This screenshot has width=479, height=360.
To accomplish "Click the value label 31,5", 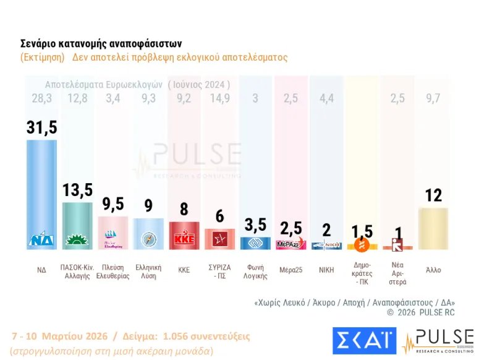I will coord(41,127).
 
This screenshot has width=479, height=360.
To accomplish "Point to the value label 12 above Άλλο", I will coord(433,195).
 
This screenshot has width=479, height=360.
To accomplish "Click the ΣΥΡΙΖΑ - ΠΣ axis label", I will coord(220,272).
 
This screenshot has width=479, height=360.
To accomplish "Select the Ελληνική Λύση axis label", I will coord(148,272).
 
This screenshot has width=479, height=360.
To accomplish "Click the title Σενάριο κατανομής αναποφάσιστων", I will coord(101,44).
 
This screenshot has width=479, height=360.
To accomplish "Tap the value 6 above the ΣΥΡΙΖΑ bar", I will coord(220,217).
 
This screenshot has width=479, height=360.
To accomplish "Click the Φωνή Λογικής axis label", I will coord(255,272).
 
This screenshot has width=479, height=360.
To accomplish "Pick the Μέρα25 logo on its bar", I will coord(290,244).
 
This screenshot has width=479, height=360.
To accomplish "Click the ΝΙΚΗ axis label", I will coord(326,270).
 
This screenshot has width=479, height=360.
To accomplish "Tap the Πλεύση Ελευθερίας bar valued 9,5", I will coord(113,233).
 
